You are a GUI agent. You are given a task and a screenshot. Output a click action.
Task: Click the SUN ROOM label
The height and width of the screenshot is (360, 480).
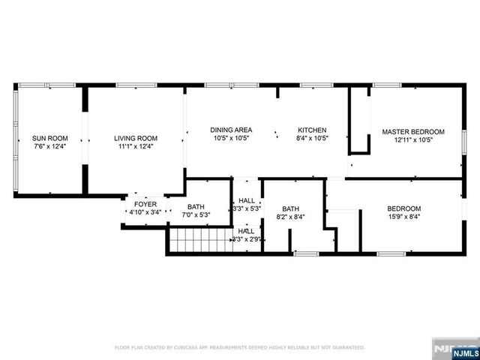click(50, 138)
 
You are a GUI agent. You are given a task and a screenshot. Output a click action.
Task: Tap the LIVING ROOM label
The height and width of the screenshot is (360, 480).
click(136, 138)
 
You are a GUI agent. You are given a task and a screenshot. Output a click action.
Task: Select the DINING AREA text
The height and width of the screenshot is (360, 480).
click(231, 130)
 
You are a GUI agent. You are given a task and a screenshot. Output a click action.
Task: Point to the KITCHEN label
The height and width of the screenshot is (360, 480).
click(312, 130)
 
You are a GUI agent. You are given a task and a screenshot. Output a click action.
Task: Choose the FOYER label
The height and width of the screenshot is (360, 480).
click(145, 204)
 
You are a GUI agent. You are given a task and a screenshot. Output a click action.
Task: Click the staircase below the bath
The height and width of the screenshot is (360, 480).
click(198, 241)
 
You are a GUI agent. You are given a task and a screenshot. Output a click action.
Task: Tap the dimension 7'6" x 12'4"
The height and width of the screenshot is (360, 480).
click(50, 147)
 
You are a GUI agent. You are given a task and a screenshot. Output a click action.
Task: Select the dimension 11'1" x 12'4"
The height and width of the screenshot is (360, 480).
click(136, 147)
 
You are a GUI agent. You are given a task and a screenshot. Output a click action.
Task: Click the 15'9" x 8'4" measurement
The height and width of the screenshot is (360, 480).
click(403, 217)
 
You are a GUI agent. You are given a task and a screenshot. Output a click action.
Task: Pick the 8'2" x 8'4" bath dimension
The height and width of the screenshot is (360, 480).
click(291, 217)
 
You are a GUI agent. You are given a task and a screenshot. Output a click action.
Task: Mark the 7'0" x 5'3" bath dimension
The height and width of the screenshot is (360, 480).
click(196, 215)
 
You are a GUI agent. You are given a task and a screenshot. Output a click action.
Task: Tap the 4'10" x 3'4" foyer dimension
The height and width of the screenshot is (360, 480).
click(145, 212)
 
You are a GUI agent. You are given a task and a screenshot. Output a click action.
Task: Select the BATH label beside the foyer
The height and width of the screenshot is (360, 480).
click(196, 207)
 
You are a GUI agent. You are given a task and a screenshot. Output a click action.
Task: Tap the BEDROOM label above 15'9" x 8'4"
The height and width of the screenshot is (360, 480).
click(403, 208)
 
